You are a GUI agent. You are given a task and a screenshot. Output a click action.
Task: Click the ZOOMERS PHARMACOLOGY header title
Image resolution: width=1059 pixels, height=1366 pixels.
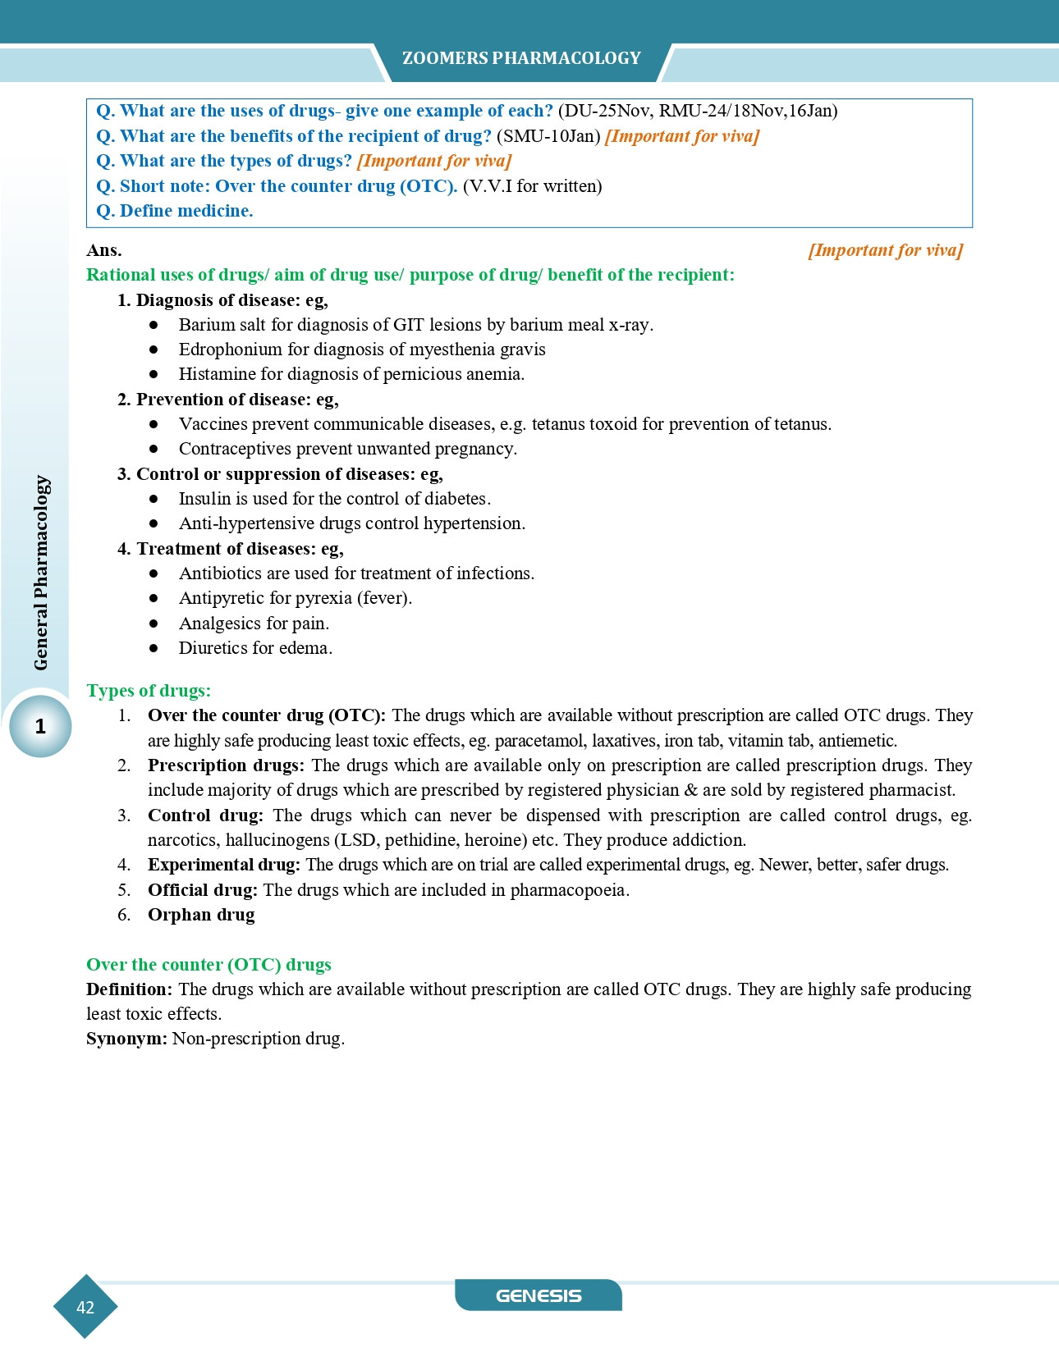coord(521,58)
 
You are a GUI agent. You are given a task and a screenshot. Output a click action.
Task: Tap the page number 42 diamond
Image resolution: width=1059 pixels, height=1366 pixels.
coord(85,1307)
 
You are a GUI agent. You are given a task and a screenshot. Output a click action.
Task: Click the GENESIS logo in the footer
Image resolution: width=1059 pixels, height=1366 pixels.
coord(539,1295)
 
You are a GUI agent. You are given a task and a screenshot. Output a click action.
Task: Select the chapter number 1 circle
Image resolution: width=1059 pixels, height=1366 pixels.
coord(40,726)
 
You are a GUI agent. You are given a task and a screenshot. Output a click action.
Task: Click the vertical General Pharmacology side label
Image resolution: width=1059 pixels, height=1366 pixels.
coord(41,573)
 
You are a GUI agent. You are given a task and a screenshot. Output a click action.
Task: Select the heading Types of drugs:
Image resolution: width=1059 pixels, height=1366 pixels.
coord(149,691)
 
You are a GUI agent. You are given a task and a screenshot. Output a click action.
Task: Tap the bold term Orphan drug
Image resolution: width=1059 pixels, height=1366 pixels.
coord(201,915)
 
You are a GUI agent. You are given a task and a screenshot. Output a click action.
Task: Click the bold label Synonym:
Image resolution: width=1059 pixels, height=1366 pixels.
coord(126,1039)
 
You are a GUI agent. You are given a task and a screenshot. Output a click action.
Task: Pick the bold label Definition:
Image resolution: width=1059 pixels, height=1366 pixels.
coord(129,989)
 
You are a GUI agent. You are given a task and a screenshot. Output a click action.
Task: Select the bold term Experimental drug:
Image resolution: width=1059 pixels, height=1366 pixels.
coord(224,865)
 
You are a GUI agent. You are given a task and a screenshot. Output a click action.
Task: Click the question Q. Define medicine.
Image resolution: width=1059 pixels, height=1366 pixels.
coord(174,211)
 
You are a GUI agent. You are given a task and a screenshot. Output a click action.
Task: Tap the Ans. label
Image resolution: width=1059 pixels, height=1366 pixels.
coord(104,250)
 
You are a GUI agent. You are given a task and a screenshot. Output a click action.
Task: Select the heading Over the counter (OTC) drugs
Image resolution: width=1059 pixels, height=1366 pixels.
coord(209,965)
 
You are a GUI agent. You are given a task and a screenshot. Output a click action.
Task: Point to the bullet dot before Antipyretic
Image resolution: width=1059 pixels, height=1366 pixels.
coord(154,598)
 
